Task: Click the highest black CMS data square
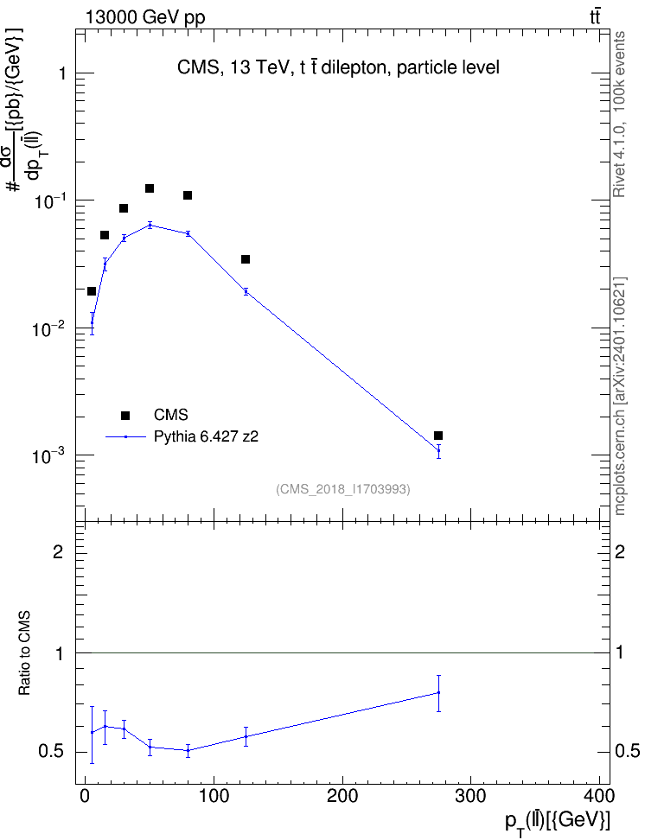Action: pyautogui.click(x=150, y=188)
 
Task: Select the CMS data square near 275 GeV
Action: pyautogui.click(x=438, y=436)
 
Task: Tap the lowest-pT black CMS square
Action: pyautogui.click(x=92, y=291)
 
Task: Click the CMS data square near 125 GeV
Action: pyautogui.click(x=246, y=259)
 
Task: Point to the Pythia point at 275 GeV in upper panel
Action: pyautogui.click(x=438, y=450)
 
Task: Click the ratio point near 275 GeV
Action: pyautogui.click(x=438, y=693)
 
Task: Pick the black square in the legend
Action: pyautogui.click(x=125, y=415)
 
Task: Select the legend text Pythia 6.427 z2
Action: pyautogui.click(x=206, y=436)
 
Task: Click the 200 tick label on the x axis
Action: pyautogui.click(x=342, y=796)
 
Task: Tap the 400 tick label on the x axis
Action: pyautogui.click(x=598, y=796)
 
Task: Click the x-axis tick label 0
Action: pyautogui.click(x=86, y=796)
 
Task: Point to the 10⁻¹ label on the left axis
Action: pyautogui.click(x=48, y=200)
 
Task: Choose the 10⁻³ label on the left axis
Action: pyautogui.click(x=48, y=455)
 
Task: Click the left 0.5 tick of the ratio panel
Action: pyautogui.click(x=52, y=752)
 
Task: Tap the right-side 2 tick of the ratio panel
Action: pyautogui.click(x=620, y=551)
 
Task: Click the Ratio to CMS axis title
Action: pyautogui.click(x=24, y=653)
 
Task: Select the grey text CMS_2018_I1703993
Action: pyautogui.click(x=343, y=489)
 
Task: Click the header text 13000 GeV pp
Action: pyautogui.click(x=144, y=18)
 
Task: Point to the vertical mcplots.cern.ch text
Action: pyautogui.click(x=620, y=397)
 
